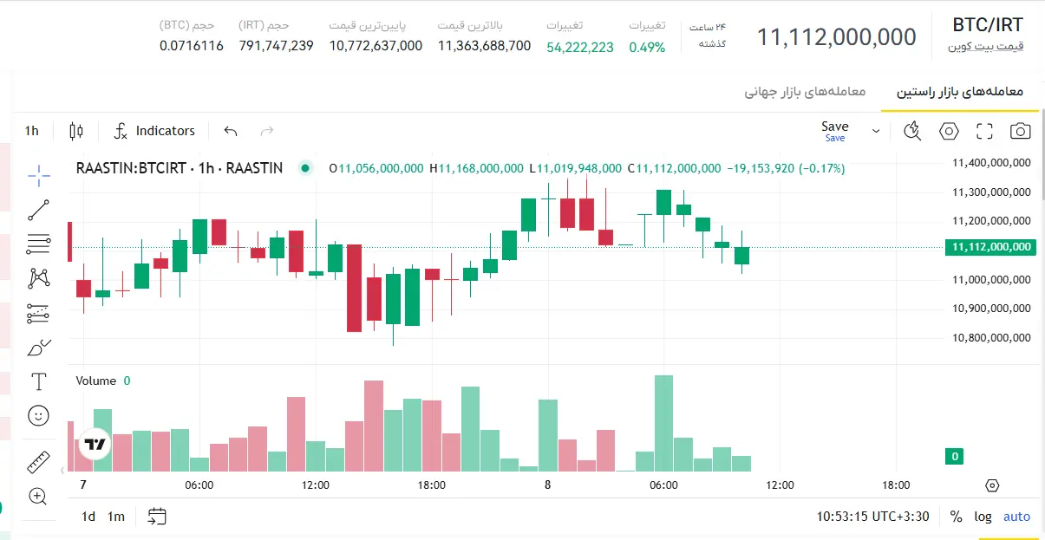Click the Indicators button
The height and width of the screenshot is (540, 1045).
(x=154, y=131)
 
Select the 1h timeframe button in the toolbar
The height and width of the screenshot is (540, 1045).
(x=32, y=131)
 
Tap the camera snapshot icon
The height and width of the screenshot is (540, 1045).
(x=1020, y=131)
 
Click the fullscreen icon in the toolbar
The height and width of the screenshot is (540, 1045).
(x=984, y=131)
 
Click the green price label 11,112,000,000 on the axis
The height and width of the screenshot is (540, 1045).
(x=990, y=247)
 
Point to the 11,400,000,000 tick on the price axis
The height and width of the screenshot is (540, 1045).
(x=991, y=163)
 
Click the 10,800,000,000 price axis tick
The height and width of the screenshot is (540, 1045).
(x=991, y=338)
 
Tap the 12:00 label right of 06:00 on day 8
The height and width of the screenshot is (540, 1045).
(x=780, y=485)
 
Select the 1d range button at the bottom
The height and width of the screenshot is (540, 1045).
(x=88, y=517)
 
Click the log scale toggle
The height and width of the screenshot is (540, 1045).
(x=983, y=517)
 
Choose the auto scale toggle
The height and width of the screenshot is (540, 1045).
(x=1016, y=517)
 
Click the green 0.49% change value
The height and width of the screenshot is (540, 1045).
(x=647, y=47)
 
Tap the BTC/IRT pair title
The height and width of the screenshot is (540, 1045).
(x=988, y=25)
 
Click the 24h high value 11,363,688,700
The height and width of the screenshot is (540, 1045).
(x=484, y=46)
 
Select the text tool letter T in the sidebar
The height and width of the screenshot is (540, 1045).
(x=38, y=381)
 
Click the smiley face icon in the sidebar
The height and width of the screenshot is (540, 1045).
(x=38, y=415)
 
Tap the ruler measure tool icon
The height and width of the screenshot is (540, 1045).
(x=38, y=462)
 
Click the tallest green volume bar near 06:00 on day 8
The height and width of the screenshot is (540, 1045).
(x=663, y=423)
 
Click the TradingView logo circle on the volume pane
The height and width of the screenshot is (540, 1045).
(x=95, y=444)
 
